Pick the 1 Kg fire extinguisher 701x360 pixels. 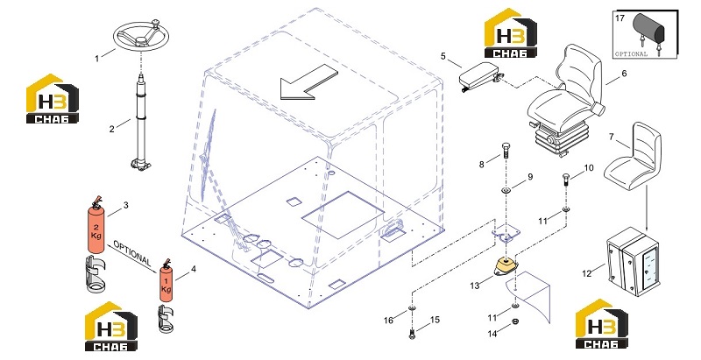pos(166,281)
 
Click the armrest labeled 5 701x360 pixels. pos(480,75)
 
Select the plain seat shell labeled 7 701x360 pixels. pos(633,156)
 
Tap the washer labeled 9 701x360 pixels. pos(506,191)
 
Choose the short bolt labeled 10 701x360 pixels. pos(566,180)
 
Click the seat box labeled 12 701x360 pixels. pos(632,261)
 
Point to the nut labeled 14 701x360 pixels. pos(515,321)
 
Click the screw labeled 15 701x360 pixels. pos(412,333)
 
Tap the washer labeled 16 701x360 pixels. pos(412,309)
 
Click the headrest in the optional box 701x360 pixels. pos(650,29)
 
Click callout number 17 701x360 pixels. pos(620,18)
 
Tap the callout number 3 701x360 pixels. pos(126,205)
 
